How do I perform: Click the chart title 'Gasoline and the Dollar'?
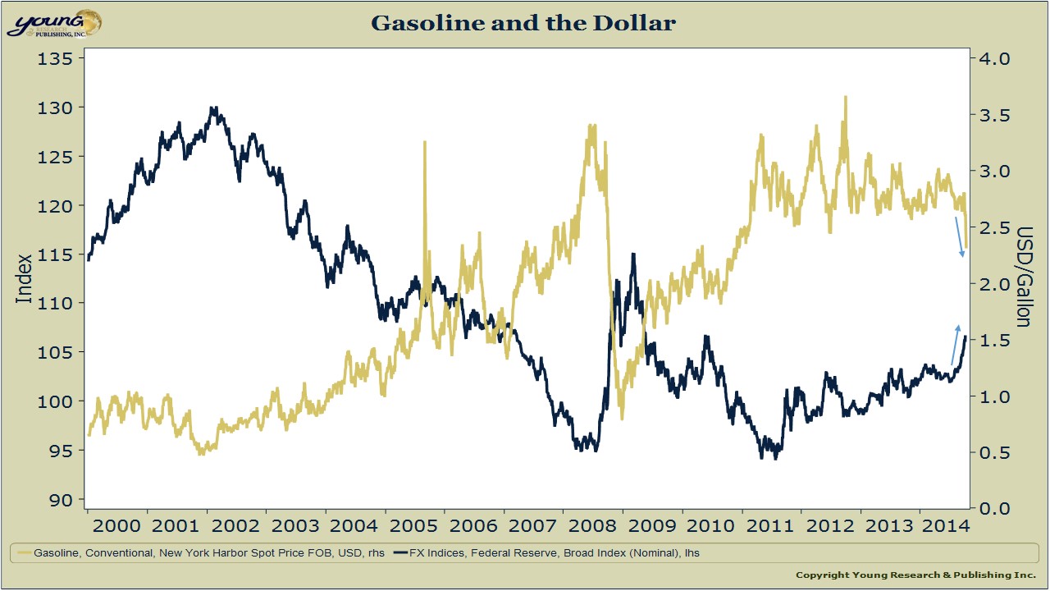tap(523, 23)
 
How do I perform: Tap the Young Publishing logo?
tap(55, 22)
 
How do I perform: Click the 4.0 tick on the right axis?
tap(993, 59)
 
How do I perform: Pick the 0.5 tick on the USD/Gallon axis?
tap(993, 453)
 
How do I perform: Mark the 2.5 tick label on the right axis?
tap(993, 228)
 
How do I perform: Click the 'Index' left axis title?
tap(24, 278)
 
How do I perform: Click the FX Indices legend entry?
tap(545, 553)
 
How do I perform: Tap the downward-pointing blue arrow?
tap(959, 237)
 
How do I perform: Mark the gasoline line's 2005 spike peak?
tap(425, 143)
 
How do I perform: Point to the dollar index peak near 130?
tap(212, 108)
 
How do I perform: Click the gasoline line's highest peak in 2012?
tap(845, 98)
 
